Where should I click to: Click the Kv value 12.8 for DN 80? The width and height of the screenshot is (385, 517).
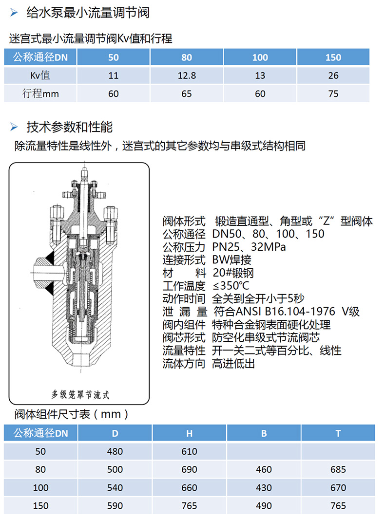[x=187, y=75]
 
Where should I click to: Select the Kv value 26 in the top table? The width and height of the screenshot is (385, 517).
[x=333, y=75]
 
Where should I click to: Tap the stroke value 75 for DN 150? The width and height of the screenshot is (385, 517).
[x=333, y=93]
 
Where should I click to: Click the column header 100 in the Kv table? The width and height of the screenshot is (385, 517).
[x=260, y=57]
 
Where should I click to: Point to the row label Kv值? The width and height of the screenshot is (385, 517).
[x=40, y=75]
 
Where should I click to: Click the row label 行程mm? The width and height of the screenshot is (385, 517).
[x=40, y=93]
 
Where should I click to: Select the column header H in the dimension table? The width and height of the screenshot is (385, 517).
[x=189, y=433]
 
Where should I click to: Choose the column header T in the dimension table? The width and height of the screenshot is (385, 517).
[x=338, y=433]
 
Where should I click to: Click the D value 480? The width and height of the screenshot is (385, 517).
[x=115, y=451]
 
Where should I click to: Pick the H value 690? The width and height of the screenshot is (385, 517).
[x=189, y=469]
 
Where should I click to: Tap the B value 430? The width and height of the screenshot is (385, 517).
[x=264, y=488]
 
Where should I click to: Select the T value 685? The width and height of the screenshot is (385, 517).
[x=338, y=469]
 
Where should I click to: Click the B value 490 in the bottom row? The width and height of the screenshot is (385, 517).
[x=264, y=506]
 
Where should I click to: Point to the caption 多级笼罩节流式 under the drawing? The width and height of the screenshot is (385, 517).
[x=80, y=394]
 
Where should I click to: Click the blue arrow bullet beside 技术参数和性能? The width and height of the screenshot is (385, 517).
[x=14, y=127]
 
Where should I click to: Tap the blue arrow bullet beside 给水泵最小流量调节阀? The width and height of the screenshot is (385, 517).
[x=14, y=13]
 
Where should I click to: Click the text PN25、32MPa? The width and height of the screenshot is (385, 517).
[x=249, y=247]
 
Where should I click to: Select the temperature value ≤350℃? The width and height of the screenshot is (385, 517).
[x=231, y=286]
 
